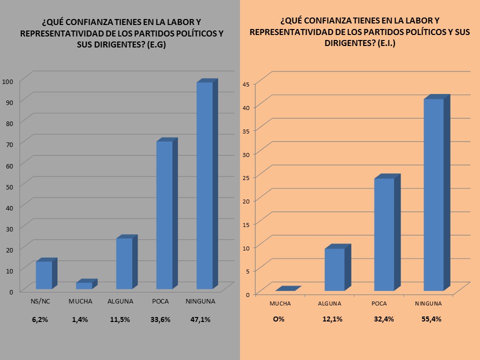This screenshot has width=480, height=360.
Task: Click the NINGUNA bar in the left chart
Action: click(x=204, y=185)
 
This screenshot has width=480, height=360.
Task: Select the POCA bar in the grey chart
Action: click(x=164, y=215)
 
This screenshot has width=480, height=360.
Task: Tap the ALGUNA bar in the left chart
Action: click(x=124, y=263)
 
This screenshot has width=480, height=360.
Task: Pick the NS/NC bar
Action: click(x=44, y=275)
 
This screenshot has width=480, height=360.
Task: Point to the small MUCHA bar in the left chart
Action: click(x=84, y=285)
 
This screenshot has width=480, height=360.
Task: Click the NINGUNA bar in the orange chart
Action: click(x=433, y=195)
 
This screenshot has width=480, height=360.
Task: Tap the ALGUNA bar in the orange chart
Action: click(x=334, y=269)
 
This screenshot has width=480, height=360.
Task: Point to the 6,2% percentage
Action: click(x=39, y=319)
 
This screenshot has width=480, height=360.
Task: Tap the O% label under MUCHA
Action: click(x=278, y=319)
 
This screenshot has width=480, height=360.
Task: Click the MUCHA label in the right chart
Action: click(x=280, y=303)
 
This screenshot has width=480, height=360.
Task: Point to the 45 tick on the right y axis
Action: click(x=246, y=83)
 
